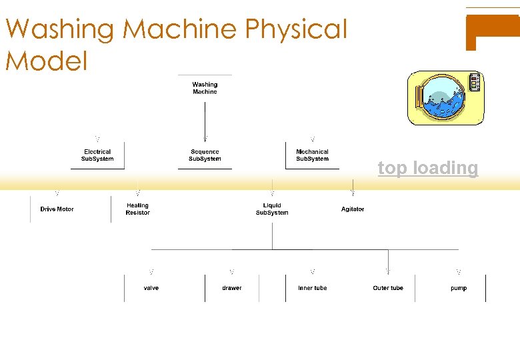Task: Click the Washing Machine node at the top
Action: point(205,88)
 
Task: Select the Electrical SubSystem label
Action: point(97,155)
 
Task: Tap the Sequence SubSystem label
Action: point(205,155)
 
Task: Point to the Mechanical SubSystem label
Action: point(312,155)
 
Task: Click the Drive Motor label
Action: point(57,209)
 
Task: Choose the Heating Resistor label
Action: point(137,209)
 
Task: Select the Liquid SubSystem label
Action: point(272,209)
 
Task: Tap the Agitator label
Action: point(353,209)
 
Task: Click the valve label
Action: point(151,288)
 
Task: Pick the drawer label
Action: point(232,288)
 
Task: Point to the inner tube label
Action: point(312,288)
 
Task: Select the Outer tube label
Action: point(388,288)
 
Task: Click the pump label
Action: point(459,288)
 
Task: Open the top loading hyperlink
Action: point(428,168)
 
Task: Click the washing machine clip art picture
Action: point(445,98)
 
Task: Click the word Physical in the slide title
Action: point(297,30)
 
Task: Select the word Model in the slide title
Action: point(47,61)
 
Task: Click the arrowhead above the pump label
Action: point(459,272)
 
